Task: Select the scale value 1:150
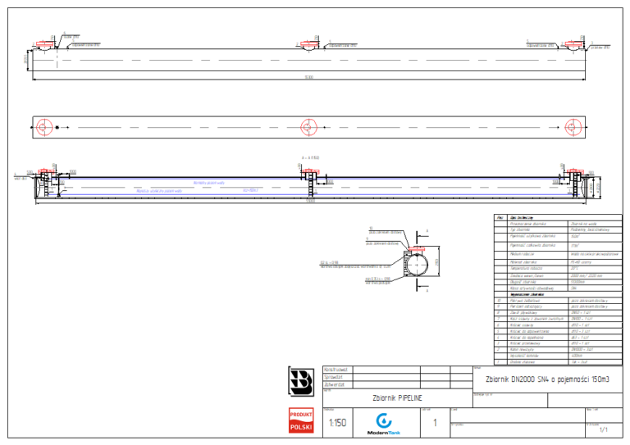point(336,423)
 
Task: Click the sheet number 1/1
point(604,429)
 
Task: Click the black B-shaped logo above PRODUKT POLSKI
point(301,381)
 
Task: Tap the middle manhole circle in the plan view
point(308,127)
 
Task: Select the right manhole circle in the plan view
point(573,127)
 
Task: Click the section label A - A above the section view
point(310,157)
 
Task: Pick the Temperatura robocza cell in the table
point(525,268)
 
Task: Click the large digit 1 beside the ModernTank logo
point(434,423)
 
